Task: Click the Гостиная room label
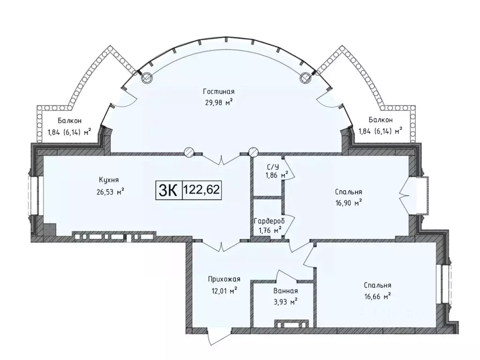point(218,91)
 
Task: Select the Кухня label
point(109,180)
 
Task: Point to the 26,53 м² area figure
point(109,192)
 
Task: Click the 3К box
point(169,190)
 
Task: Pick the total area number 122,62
point(202,190)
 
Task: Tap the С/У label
point(273,167)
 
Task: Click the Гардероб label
point(269,221)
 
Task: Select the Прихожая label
point(224,279)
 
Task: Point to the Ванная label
point(285,291)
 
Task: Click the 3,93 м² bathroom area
point(285,302)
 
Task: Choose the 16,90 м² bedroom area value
point(348,202)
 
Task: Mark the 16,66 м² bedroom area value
point(377,296)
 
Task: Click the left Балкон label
point(69,121)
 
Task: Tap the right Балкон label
point(381,120)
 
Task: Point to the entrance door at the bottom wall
point(217,336)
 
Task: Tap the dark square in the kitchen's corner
point(50,230)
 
